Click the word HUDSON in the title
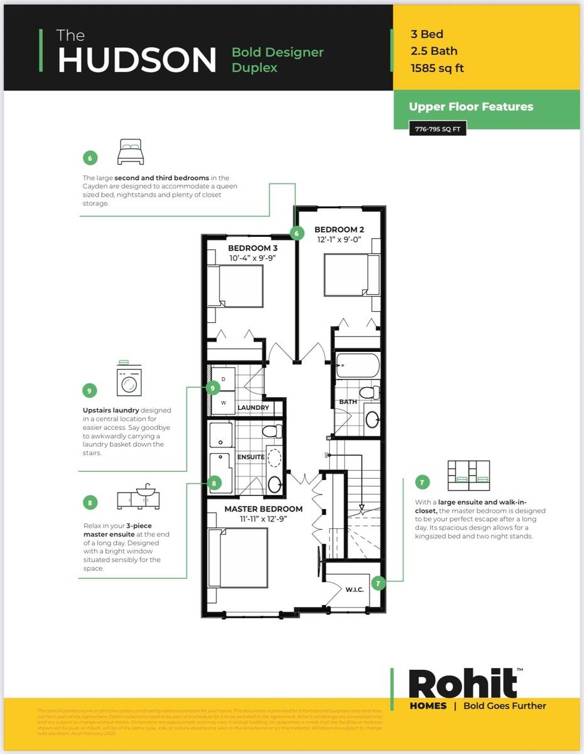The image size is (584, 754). coord(137,60)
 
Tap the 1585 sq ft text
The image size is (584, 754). coord(437,68)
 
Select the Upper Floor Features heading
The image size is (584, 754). coord(471,107)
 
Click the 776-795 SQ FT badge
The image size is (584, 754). coord(437,129)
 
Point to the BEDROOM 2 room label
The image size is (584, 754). coord(339,229)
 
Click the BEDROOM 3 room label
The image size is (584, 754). coord(252,248)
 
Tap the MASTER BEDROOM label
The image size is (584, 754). coord(263,508)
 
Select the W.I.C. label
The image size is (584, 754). coord(355,589)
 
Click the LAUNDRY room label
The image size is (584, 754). coord(253,408)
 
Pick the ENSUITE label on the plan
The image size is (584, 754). coord(251,457)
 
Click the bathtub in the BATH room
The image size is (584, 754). coord(358,365)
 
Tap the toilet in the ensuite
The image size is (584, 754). coord(271,431)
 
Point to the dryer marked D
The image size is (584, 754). coord(223,379)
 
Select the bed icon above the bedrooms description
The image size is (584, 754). coord(130,152)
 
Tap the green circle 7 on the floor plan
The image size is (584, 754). coord(378,582)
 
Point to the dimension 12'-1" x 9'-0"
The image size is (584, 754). coord(339,239)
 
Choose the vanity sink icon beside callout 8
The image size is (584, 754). coord(139,497)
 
